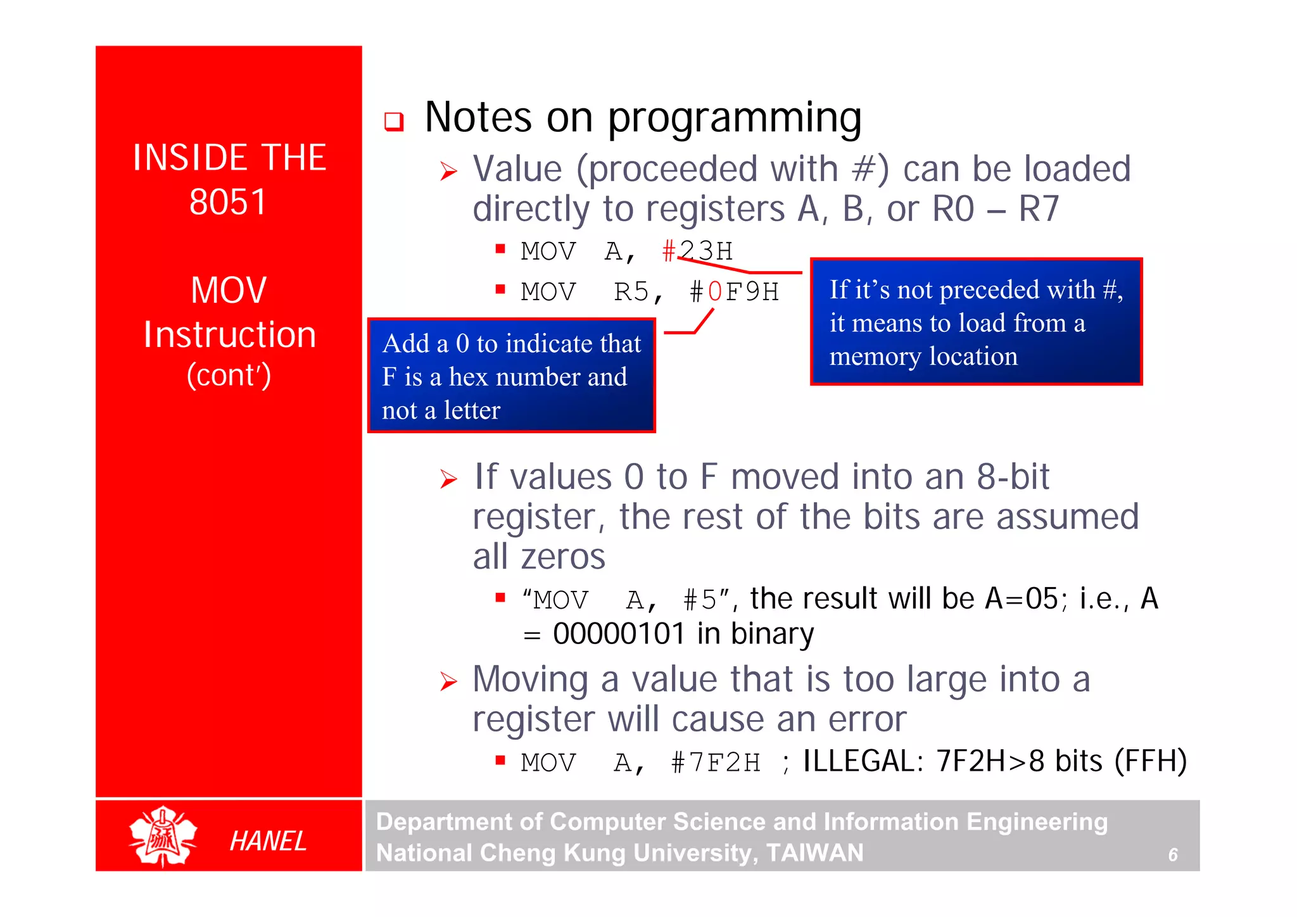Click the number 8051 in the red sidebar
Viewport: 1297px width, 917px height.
[x=228, y=203]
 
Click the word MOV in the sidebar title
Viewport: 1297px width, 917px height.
[x=229, y=291]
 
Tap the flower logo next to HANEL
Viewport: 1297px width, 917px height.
[x=163, y=836]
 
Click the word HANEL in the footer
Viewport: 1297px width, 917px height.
[x=268, y=841]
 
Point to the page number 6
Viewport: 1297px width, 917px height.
[x=1173, y=855]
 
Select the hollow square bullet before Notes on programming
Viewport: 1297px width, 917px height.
[x=394, y=121]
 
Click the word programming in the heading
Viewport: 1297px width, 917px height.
[x=735, y=118]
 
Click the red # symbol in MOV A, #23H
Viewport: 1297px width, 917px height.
[x=669, y=251]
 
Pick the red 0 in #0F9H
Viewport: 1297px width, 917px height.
[x=715, y=292]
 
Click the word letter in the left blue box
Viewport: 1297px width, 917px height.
[x=472, y=410]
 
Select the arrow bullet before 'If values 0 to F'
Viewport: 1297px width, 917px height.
[x=448, y=479]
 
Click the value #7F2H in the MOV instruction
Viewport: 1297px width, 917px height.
[x=716, y=762]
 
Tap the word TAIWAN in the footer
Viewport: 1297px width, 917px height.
[x=814, y=853]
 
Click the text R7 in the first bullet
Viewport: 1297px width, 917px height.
[x=1039, y=209]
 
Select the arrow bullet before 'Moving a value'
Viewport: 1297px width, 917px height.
[x=448, y=682]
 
